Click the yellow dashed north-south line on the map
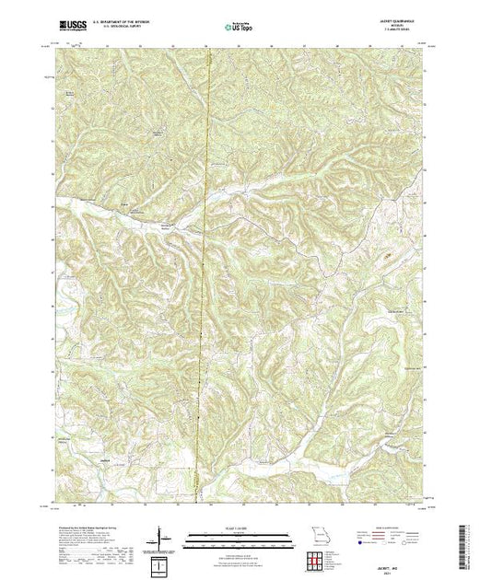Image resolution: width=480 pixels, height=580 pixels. pos(204,276)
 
